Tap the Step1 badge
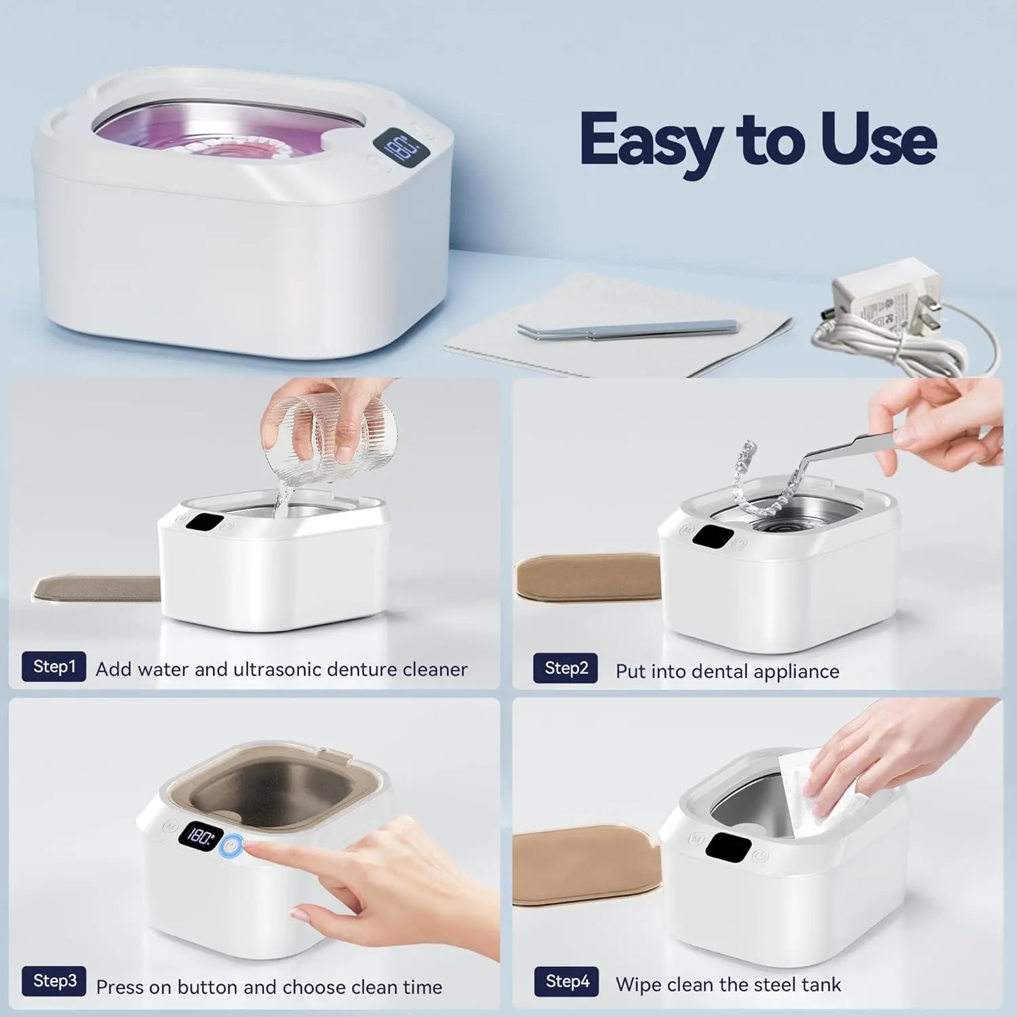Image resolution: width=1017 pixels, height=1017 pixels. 54,666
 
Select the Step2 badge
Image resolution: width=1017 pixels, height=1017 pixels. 565,669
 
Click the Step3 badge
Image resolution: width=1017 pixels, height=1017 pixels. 54,980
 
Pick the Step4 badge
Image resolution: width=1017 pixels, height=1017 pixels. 567,981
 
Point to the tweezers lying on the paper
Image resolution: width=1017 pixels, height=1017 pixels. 627,330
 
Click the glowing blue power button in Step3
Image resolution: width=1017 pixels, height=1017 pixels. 232,845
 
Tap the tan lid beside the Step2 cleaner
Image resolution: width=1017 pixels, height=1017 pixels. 587,576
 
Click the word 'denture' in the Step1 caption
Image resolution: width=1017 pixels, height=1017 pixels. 359,670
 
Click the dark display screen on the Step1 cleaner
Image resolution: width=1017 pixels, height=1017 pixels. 205,523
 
